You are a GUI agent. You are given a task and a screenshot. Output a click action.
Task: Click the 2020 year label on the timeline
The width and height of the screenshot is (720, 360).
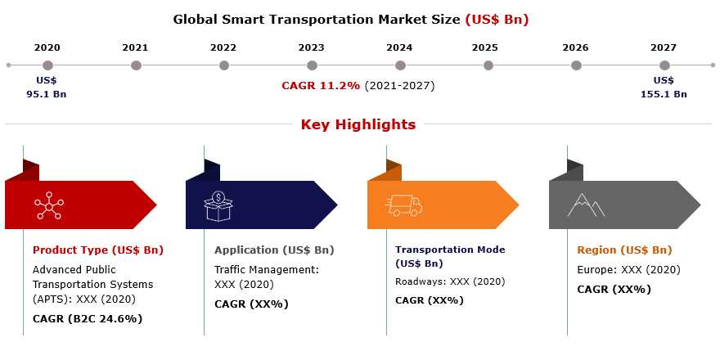[x=47, y=47]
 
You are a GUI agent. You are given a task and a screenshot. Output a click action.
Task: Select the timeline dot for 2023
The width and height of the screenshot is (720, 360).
[x=313, y=65]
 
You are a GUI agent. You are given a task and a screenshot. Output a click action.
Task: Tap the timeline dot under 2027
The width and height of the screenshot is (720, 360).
[x=664, y=65]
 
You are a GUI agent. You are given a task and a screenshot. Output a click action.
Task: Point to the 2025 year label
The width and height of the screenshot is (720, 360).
[x=485, y=47]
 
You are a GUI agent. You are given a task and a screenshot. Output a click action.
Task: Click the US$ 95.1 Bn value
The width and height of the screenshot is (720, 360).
[x=47, y=88]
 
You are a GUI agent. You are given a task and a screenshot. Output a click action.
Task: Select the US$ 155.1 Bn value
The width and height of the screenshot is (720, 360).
[x=664, y=88]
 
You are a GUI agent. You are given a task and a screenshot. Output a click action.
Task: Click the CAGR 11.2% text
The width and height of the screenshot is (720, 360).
[x=321, y=86]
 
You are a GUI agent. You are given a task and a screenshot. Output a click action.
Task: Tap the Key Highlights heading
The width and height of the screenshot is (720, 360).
[x=358, y=124]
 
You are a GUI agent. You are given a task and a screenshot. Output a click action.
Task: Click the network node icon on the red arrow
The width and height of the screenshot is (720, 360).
[x=49, y=205]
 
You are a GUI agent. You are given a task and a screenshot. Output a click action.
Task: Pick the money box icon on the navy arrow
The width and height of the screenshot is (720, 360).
[x=218, y=205]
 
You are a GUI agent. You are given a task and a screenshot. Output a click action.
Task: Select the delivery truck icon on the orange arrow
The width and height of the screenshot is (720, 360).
[x=403, y=205]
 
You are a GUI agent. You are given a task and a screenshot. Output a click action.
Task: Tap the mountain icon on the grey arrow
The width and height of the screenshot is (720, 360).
[x=586, y=205]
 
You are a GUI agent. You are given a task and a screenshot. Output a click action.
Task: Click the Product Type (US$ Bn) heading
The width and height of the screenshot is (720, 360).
[x=98, y=250]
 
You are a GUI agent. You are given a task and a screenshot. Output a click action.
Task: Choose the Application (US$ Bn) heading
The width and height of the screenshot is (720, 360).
[x=274, y=250]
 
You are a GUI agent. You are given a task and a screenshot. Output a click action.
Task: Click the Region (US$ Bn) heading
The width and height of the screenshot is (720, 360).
[x=624, y=250]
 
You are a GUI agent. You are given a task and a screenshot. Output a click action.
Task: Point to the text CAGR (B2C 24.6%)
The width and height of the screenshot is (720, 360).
[x=88, y=318]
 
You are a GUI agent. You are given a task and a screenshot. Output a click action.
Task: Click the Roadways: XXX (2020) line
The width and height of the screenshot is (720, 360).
[x=450, y=281]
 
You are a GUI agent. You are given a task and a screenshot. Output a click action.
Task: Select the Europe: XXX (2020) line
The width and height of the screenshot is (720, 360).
[x=628, y=269]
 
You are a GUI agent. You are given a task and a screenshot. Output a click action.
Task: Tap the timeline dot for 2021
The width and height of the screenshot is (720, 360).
[x=136, y=65]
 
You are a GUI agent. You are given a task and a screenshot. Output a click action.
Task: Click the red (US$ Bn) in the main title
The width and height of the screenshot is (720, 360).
[x=497, y=20]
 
